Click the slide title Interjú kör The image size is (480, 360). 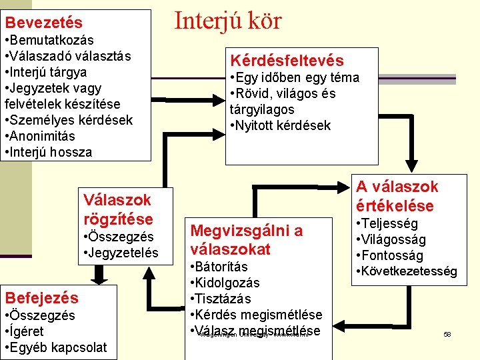tap(228, 21)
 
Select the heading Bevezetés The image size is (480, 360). tap(44, 23)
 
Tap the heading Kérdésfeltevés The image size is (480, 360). tap(287, 61)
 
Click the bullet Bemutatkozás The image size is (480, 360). tap(52, 40)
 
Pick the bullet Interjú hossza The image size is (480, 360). tap(51, 152)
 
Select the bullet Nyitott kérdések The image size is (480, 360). tap(283, 125)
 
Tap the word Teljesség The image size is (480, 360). tap(389, 223)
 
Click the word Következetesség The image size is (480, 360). tap(409, 271)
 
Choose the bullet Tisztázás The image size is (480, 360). tap(223, 299)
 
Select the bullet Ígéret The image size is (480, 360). tap(26, 331)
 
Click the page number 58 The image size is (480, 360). tap(447, 333)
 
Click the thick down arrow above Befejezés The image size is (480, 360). tap(100, 274)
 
